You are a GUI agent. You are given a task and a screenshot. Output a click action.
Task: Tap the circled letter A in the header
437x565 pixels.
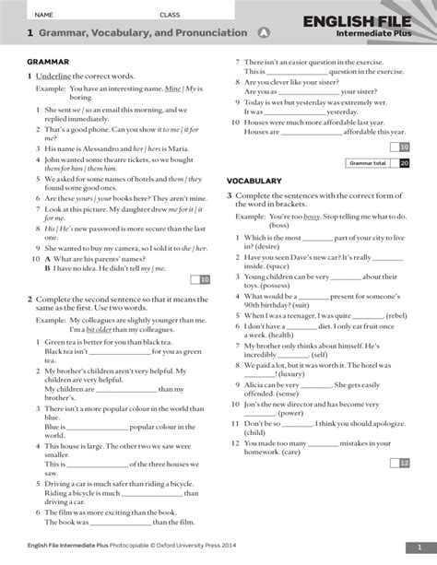pyautogui.click(x=265, y=33)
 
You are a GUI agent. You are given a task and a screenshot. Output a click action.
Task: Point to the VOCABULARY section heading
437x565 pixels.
pyautogui.click(x=254, y=180)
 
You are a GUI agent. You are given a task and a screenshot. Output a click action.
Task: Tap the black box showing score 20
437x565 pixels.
pyautogui.click(x=404, y=162)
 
